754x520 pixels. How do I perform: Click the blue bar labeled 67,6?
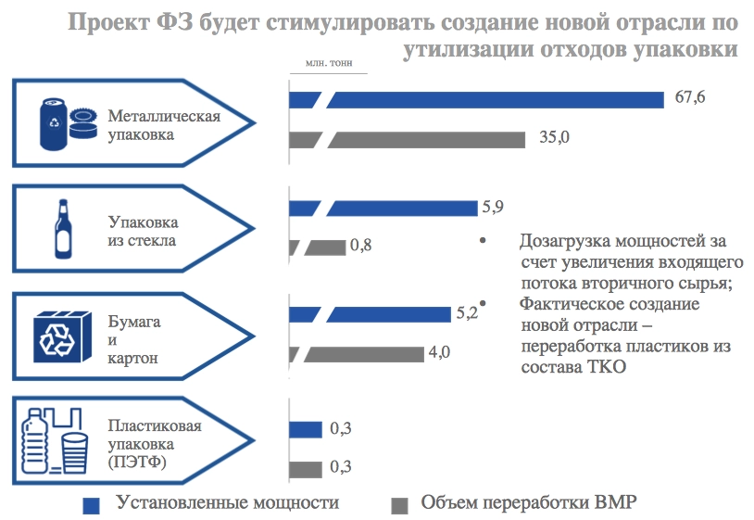(x=496, y=99)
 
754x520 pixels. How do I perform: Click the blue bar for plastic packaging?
(x=306, y=429)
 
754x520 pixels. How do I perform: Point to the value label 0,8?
(x=360, y=247)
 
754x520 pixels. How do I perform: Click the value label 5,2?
(x=466, y=313)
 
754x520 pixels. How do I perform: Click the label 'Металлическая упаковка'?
(x=164, y=125)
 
